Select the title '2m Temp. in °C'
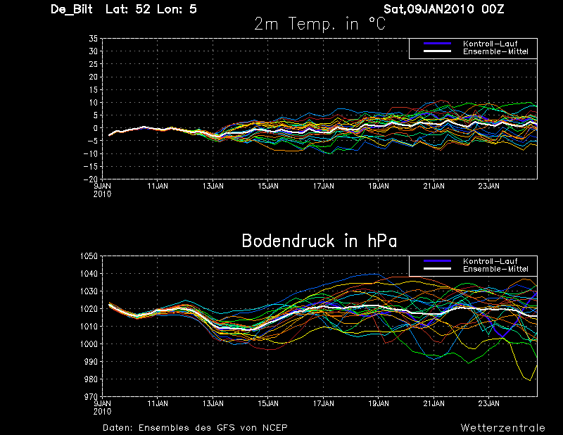pyautogui.click(x=320, y=25)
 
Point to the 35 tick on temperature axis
pyautogui.click(x=93, y=39)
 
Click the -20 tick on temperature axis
pyautogui.click(x=91, y=179)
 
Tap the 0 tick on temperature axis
pyautogui.click(x=94, y=128)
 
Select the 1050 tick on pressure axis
pyautogui.click(x=89, y=256)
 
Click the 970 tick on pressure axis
pyautogui.click(x=90, y=397)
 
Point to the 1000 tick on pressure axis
pyautogui.click(x=89, y=344)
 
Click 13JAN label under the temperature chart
pyautogui.click(x=213, y=187)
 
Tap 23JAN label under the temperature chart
pyautogui.click(x=488, y=187)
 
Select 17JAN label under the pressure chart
pyautogui.click(x=323, y=404)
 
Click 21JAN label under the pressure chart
pyautogui.click(x=434, y=404)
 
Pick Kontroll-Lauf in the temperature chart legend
pyautogui.click(x=486, y=44)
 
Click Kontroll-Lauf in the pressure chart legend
pyautogui.click(x=486, y=262)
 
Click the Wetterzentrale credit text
pyautogui.click(x=502, y=427)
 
